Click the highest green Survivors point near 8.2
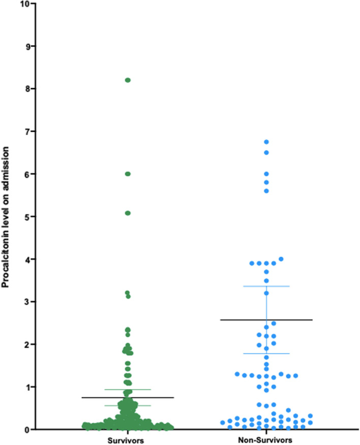point(128,80)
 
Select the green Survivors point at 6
point(128,174)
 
